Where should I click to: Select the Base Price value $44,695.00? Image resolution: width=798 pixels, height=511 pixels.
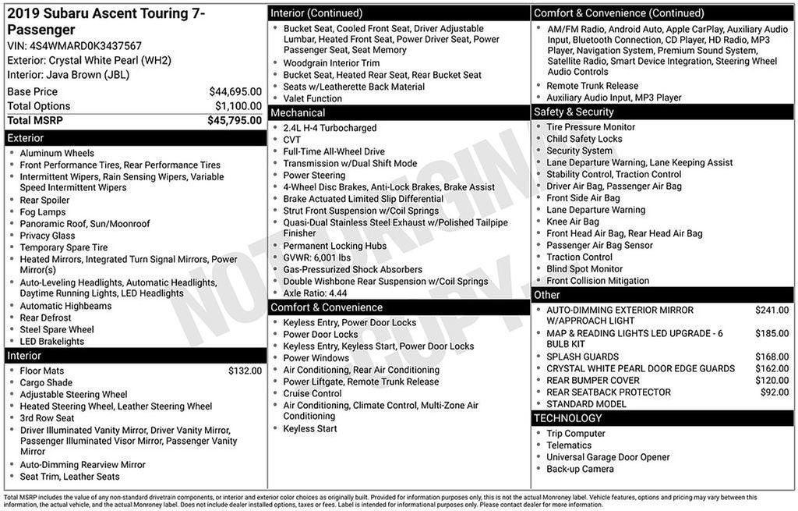coord(235,91)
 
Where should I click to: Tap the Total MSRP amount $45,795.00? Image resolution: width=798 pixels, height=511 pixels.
coord(235,120)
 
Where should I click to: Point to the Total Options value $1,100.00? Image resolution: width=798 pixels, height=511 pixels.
coord(238,106)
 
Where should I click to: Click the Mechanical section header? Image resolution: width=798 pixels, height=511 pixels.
coord(298,113)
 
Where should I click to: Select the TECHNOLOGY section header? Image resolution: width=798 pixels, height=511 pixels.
coord(568,418)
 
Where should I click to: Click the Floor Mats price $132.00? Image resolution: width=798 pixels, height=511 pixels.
coord(245,371)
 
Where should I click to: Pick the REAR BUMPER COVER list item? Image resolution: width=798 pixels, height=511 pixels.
coord(592,381)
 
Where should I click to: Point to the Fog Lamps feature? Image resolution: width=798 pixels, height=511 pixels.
coord(43,212)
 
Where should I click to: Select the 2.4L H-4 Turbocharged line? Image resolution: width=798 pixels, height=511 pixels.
coord(330,128)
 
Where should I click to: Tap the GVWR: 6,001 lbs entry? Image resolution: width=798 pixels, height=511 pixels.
coord(317,257)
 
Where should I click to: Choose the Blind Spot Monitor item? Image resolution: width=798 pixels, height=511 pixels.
coord(584,269)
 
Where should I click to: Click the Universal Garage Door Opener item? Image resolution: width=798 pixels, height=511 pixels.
coord(609,457)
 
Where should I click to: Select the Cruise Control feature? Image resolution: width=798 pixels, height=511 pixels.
coord(312,393)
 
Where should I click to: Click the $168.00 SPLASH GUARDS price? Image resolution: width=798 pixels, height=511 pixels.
coord(772,357)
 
